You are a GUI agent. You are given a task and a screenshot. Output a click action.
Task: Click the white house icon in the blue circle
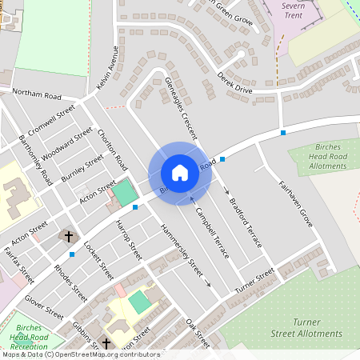(180, 173)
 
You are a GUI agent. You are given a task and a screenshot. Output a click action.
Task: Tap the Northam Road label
(37, 95)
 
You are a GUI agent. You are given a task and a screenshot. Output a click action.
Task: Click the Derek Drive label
(234, 83)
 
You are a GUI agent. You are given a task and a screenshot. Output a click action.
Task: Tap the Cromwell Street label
(50, 118)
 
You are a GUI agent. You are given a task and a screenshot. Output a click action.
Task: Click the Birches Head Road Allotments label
(326, 156)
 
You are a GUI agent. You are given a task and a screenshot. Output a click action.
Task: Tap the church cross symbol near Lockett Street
(69, 237)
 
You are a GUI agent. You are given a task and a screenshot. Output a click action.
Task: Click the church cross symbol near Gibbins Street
(106, 343)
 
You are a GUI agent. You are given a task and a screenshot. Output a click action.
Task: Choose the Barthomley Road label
(36, 161)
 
